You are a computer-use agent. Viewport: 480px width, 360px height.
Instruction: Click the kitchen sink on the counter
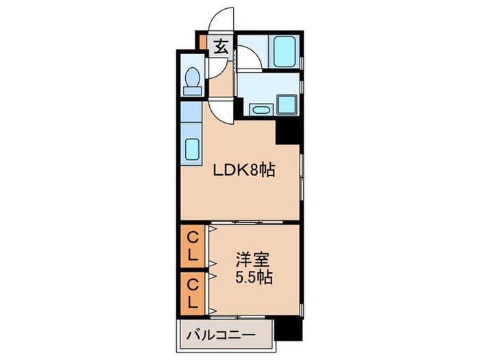tap(191, 149)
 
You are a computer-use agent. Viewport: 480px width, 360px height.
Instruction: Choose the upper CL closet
tap(194, 248)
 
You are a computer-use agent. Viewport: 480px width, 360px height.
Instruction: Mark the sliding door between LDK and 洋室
tap(254, 224)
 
